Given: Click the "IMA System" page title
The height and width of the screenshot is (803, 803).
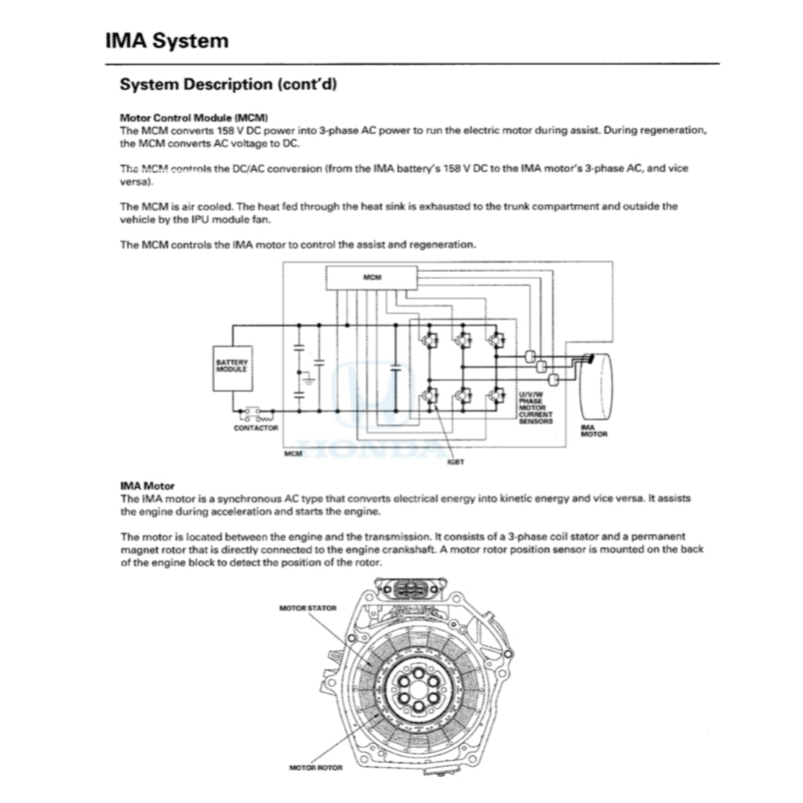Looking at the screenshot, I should pos(166,41).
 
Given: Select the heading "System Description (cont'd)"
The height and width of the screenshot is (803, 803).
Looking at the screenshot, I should pos(228,84).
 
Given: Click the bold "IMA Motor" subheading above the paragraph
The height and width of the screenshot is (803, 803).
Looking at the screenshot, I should pos(147,486).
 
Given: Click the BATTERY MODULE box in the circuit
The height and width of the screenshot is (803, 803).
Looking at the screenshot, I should pos(231,366).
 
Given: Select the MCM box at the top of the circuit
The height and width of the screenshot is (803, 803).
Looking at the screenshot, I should pos(372,278).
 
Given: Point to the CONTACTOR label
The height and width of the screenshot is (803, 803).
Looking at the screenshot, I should pos(256,428).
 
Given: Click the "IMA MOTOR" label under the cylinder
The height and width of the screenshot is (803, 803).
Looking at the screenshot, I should pos(594,430).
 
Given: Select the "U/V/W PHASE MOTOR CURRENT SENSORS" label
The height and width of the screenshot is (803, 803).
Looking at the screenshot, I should pos(536,408).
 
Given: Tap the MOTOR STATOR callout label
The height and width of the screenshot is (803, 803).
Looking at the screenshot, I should pos(308,608).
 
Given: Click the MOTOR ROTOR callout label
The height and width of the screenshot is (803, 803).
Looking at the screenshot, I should pos(316,767).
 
